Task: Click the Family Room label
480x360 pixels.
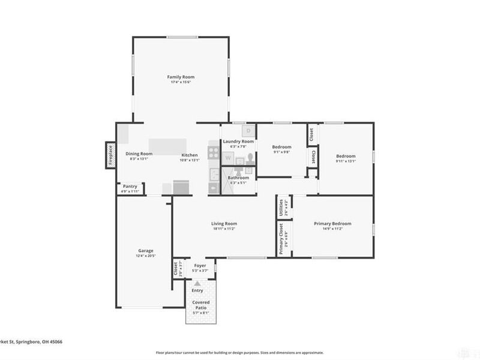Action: click(181, 77)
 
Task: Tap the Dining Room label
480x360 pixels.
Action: click(136, 154)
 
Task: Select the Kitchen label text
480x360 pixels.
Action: click(190, 154)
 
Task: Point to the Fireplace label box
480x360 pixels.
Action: click(110, 155)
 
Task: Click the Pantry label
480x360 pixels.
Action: click(131, 187)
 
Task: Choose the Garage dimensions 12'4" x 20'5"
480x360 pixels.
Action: click(146, 256)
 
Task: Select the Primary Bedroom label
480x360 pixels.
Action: click(332, 224)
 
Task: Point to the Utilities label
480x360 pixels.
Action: click(281, 208)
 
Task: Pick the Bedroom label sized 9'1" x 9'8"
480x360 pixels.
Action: click(281, 147)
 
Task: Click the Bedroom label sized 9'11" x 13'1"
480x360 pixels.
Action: click(346, 156)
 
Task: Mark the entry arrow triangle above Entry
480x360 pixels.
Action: click(197, 283)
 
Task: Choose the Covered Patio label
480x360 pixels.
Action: click(200, 305)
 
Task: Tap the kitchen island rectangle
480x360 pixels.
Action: click(169, 146)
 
